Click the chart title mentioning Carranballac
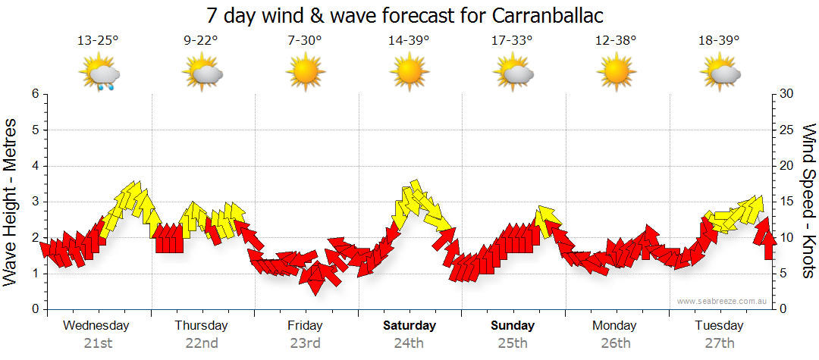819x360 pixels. [409, 16]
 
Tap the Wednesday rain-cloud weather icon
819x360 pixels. [99, 74]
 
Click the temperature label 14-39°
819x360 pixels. [409, 41]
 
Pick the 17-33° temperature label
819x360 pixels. [512, 41]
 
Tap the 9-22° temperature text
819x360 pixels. [202, 41]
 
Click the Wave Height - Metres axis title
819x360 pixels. [11, 202]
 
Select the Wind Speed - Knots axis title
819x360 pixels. [808, 202]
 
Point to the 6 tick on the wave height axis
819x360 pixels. [34, 94]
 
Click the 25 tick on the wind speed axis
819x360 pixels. [787, 130]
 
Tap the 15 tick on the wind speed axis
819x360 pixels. [787, 202]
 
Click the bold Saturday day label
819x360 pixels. [409, 326]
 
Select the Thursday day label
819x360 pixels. [201, 326]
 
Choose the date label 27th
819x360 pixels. [719, 343]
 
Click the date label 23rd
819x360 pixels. [305, 343]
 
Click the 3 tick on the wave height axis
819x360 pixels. [34, 202]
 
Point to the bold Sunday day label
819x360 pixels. [512, 326]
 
